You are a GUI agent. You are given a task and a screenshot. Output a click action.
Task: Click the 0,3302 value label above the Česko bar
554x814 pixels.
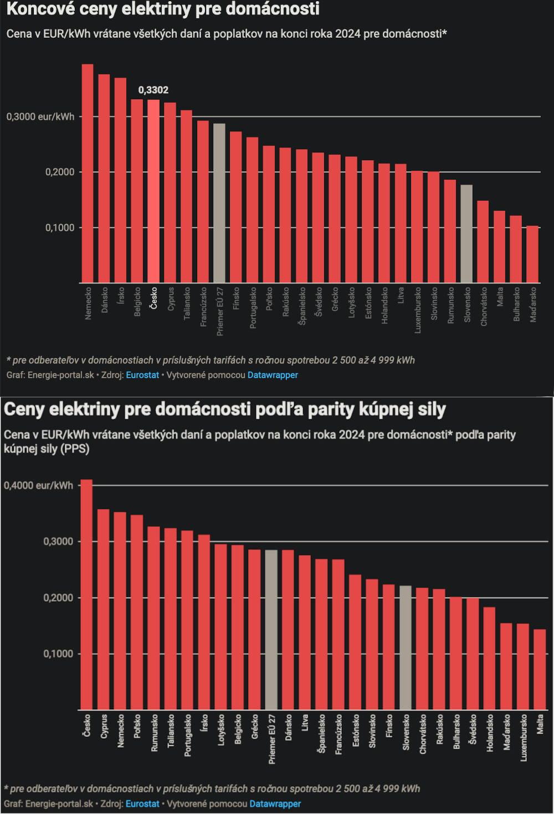(x=153, y=90)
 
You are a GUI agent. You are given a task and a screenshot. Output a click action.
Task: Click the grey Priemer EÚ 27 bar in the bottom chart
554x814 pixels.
(x=271, y=630)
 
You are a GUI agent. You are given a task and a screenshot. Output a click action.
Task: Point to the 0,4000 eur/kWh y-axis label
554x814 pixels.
(x=38, y=485)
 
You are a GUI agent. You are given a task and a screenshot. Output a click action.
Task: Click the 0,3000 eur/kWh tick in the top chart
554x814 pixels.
(x=40, y=117)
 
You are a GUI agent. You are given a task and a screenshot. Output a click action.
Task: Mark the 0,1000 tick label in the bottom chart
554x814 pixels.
(x=58, y=654)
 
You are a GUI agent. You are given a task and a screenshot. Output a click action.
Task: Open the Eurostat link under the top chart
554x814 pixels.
(x=142, y=375)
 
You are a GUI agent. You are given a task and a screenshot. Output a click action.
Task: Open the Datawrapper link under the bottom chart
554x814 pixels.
(x=275, y=803)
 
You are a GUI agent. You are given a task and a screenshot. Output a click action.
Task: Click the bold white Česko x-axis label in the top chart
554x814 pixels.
(x=154, y=298)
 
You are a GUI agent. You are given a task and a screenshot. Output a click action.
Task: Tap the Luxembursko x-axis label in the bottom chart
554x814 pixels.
(x=523, y=737)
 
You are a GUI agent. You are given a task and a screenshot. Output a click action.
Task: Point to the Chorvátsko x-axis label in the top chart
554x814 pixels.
(x=484, y=306)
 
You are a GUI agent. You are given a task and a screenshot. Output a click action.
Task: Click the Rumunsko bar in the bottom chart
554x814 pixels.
(x=153, y=618)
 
